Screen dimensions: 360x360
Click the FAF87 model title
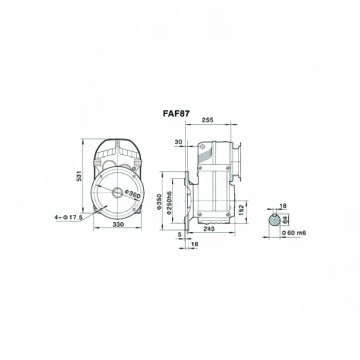point(176,114)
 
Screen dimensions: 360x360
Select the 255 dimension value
point(208,120)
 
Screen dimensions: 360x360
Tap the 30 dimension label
point(179,142)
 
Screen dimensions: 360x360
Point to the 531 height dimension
point(79,176)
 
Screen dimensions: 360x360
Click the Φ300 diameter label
point(132,194)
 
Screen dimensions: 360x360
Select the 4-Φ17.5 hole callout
point(68,217)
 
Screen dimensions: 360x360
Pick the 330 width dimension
point(118,224)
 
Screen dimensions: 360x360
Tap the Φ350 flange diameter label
point(159,202)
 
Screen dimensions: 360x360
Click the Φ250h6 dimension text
point(169,203)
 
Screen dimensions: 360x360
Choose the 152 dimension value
point(241,210)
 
